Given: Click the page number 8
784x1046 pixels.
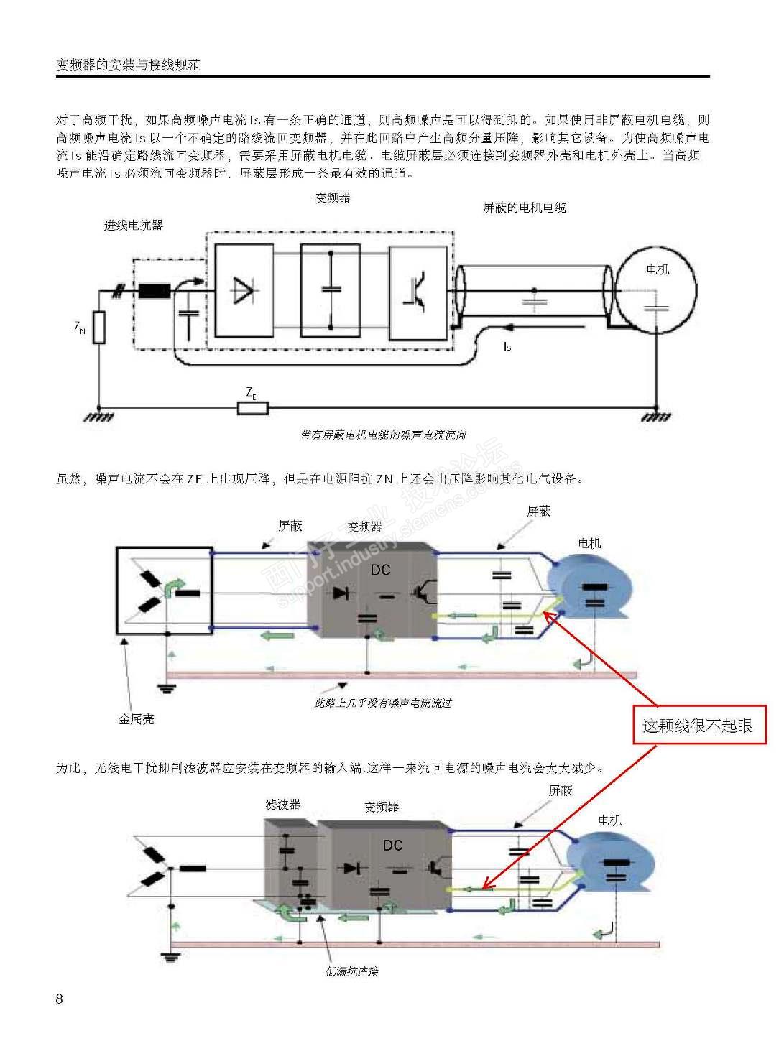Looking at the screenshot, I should click(60, 999).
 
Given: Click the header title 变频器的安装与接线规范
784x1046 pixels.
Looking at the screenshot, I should click(129, 65).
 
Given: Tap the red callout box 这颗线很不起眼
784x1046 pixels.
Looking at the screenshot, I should click(696, 726).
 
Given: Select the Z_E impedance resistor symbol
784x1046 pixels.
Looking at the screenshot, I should click(253, 408).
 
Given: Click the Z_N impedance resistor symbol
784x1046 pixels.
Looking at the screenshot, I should click(99, 327).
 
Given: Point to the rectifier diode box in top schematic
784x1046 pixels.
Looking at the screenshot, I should click(244, 290).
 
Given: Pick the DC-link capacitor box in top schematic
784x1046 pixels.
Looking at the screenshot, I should click(331, 290).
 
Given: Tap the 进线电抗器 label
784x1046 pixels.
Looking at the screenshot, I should click(134, 226).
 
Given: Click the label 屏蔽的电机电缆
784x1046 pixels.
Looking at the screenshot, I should click(524, 208).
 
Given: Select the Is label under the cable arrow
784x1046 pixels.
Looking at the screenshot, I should click(507, 347).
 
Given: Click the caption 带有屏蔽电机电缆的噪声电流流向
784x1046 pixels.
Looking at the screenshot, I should click(384, 435).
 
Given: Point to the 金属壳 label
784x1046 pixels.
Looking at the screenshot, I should click(137, 719).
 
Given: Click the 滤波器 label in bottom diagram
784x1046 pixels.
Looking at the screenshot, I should click(283, 805).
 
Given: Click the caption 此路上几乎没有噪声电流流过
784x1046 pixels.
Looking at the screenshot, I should click(383, 703).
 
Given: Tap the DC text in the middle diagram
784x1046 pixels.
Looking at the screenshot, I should click(380, 570).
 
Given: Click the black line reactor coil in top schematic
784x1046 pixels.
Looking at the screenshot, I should click(154, 291).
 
